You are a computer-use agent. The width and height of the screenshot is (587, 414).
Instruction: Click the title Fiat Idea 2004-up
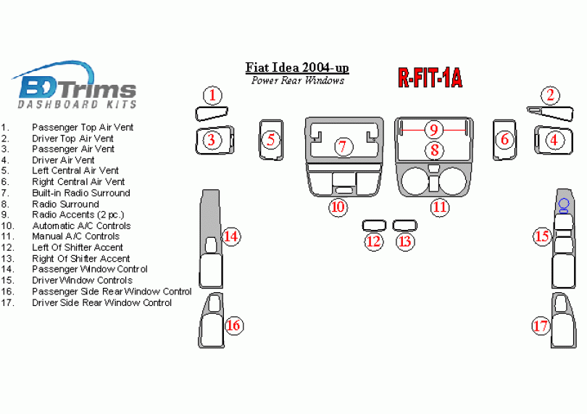click(x=297, y=67)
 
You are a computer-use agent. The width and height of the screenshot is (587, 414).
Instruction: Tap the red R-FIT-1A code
click(x=430, y=78)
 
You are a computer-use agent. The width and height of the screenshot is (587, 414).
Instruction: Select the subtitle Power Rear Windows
click(x=297, y=80)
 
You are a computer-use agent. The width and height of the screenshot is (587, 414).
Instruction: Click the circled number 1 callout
click(x=212, y=96)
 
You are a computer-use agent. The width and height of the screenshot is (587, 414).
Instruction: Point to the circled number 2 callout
click(x=551, y=95)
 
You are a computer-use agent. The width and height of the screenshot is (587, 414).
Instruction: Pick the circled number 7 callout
click(x=343, y=146)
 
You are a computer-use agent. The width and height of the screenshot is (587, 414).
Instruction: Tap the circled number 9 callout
click(x=433, y=130)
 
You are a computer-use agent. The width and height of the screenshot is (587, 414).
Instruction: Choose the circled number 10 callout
click(x=338, y=207)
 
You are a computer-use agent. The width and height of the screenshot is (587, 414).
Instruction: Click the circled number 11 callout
click(x=440, y=207)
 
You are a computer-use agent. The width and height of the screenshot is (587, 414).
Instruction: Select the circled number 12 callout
click(x=373, y=241)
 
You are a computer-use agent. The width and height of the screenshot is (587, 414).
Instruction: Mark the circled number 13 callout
click(x=404, y=241)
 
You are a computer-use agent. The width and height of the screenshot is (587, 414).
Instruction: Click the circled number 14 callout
click(x=230, y=236)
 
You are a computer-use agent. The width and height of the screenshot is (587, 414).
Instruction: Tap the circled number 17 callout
click(x=541, y=326)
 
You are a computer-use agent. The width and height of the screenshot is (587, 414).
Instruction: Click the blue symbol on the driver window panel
click(x=563, y=204)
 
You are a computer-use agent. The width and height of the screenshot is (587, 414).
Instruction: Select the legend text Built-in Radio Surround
click(x=81, y=193)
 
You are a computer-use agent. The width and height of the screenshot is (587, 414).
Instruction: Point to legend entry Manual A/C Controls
click(x=76, y=236)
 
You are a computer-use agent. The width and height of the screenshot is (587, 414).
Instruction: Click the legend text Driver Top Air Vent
click(x=72, y=138)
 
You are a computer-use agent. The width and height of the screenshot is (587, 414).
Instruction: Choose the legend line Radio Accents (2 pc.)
click(x=78, y=215)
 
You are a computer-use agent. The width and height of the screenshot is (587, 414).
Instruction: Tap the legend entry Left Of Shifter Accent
click(x=78, y=247)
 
